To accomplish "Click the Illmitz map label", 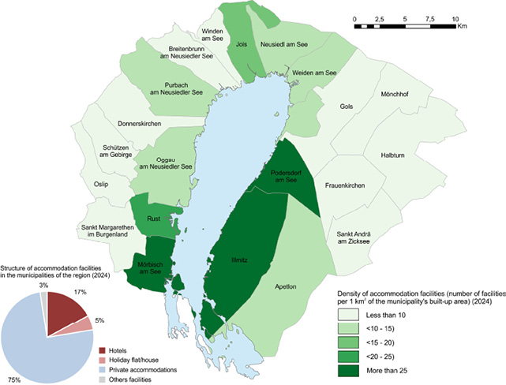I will click(241, 258).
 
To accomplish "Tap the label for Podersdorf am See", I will click(293, 175).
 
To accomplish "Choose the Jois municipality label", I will click(242, 45).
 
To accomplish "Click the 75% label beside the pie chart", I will click(14, 379).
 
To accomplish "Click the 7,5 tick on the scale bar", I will click(429, 17).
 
